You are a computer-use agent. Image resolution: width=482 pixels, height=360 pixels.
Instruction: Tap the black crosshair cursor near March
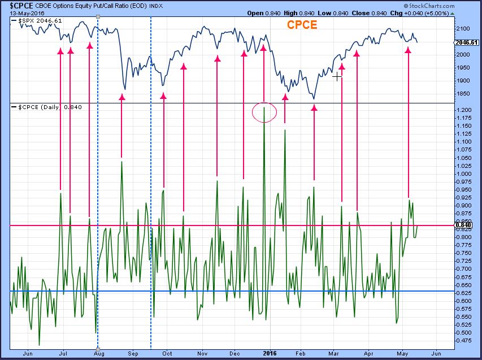click(337, 76)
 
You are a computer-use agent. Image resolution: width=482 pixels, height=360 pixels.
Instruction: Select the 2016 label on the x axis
click(270, 353)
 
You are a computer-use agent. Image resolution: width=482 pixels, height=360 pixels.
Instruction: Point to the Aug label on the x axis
click(99, 353)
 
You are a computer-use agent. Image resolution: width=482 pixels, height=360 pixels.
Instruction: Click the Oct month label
click(167, 353)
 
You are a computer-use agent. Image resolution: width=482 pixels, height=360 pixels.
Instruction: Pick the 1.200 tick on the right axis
click(464, 110)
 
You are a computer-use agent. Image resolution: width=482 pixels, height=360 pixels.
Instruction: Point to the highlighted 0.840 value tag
click(464, 225)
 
